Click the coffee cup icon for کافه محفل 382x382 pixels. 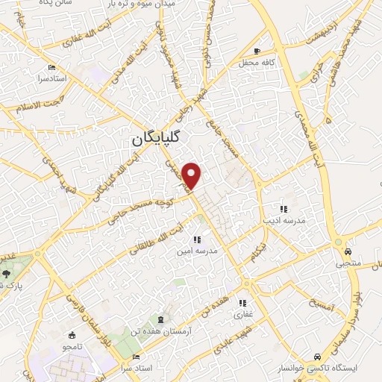click(257, 51)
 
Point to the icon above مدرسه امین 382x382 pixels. click(197, 239)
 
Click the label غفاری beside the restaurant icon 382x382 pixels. click(245, 316)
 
